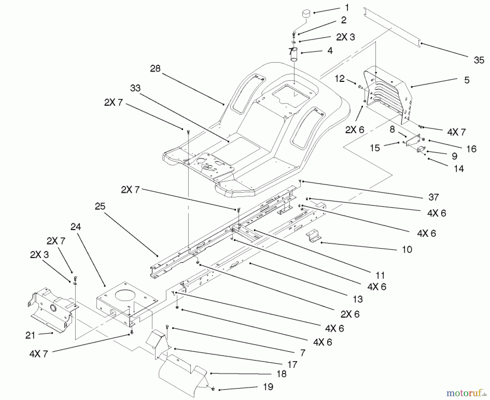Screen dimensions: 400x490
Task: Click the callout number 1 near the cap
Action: click(347, 8)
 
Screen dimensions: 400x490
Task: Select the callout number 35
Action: click(479, 60)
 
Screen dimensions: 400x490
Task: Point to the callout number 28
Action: click(155, 69)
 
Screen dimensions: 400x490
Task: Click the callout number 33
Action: click(135, 88)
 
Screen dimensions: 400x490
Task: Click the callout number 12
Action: click(339, 79)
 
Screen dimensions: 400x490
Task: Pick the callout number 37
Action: click(433, 197)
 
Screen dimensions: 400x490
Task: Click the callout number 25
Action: click(100, 206)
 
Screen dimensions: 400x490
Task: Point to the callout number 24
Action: click(76, 227)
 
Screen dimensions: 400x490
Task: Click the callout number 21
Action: click(30, 335)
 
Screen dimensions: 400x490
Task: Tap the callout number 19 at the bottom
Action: click(268, 387)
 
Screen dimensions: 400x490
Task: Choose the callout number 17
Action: click(292, 364)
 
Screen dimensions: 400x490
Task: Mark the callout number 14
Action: click(459, 169)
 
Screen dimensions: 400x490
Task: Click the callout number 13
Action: click(358, 299)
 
